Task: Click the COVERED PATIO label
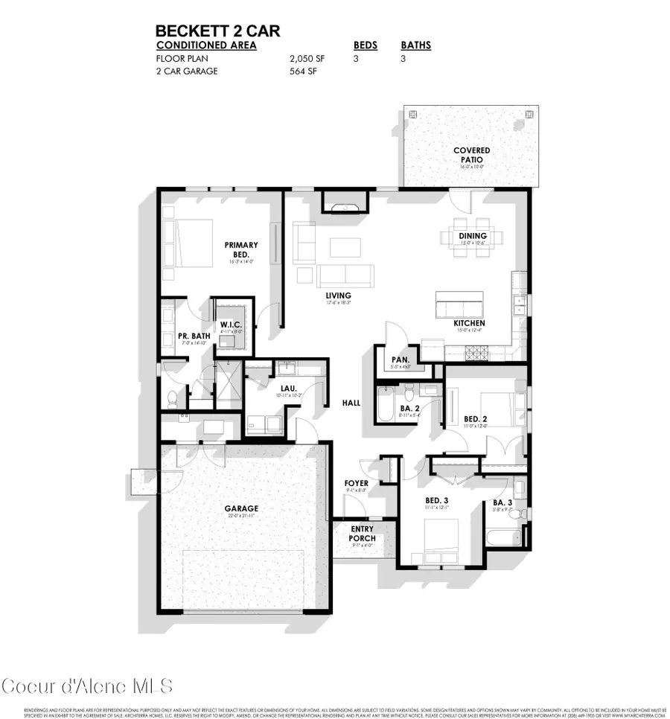click(x=471, y=155)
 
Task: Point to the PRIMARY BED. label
click(x=241, y=249)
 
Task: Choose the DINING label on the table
click(x=472, y=235)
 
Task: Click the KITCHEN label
click(x=470, y=323)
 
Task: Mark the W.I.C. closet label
click(x=229, y=325)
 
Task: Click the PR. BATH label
click(x=194, y=337)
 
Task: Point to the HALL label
click(x=351, y=403)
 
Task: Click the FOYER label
click(x=356, y=484)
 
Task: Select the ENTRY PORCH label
click(x=363, y=533)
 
